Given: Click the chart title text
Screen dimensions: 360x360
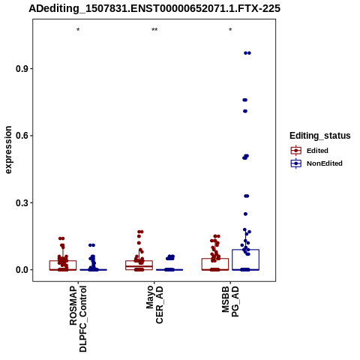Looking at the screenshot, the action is [154, 8].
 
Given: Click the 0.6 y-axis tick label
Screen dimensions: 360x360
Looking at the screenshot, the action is [22, 136].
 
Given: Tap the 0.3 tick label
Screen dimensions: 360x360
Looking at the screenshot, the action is [22, 202].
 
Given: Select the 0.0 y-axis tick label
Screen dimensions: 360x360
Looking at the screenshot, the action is [22, 270].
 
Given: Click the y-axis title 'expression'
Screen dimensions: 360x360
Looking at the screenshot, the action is [8, 150].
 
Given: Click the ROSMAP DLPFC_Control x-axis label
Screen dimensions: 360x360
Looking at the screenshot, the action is [78, 319].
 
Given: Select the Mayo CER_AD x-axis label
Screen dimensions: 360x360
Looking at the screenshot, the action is [154, 305].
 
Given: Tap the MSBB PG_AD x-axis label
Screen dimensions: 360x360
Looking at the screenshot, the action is [230, 301].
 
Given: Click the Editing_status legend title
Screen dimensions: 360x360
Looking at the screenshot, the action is [320, 136].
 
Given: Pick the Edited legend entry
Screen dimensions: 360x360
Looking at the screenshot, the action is [310, 151].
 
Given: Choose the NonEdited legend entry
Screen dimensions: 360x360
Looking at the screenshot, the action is [316, 163].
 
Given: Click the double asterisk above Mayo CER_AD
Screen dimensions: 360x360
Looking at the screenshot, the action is [154, 30].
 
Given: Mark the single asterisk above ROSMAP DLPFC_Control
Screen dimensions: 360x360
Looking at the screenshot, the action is [78, 30].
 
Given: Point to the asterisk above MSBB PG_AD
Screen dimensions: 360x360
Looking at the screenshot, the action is [230, 30].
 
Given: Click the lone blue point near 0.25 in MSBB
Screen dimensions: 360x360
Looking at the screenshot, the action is [245, 214].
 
